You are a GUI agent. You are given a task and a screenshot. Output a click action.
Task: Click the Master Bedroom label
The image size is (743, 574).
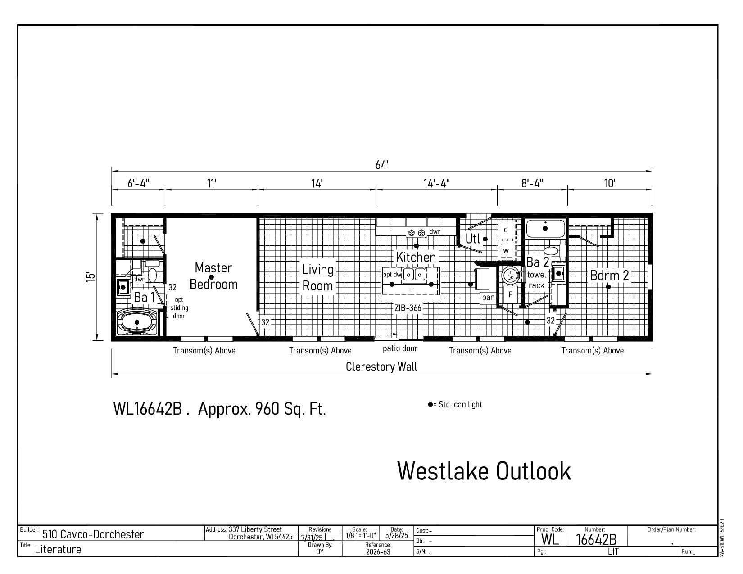213,276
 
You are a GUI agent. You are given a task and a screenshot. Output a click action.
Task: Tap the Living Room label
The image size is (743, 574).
317,278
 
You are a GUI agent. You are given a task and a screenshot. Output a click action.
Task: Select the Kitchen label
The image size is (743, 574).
416,257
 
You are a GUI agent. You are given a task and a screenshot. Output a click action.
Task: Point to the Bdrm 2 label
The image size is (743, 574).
609,275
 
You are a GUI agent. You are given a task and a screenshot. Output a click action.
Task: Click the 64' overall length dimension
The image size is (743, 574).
381,165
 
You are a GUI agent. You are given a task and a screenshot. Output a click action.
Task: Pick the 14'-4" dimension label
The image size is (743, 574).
437,184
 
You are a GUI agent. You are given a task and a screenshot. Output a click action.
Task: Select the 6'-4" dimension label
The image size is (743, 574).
138,184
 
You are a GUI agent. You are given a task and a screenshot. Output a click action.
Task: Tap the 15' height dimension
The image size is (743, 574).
90,277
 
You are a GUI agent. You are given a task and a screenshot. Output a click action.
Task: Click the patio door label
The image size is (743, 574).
400,348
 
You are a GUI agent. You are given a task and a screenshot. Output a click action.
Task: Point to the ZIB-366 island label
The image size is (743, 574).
408,308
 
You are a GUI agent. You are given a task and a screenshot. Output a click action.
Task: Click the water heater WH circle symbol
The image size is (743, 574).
511,275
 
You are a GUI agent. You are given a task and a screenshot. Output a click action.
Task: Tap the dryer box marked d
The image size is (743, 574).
507,230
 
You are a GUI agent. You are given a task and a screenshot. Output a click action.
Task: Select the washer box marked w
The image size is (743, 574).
507,250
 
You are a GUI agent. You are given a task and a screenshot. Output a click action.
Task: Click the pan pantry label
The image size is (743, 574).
488,298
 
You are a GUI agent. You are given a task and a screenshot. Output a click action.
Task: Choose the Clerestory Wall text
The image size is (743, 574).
381,366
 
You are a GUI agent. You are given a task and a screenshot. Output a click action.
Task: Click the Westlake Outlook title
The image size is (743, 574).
484,471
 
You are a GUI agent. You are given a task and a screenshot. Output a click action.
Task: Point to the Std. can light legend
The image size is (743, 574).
455,404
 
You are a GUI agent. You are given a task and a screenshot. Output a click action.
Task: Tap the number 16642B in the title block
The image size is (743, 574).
596,539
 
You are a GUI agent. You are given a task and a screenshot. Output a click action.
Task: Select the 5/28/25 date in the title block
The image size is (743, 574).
397,535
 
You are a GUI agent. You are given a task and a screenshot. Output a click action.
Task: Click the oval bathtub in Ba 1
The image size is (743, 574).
137,322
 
